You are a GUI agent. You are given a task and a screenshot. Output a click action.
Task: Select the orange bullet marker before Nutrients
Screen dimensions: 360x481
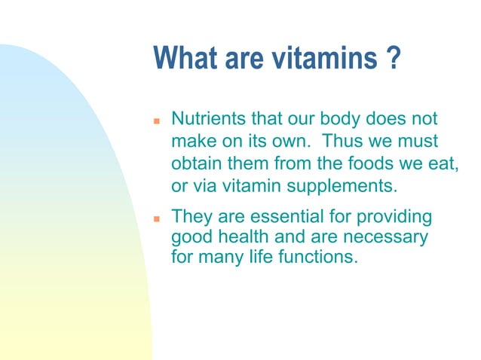pos(157,121)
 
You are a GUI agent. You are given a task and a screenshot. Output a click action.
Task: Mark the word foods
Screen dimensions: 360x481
pos(362,163)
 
